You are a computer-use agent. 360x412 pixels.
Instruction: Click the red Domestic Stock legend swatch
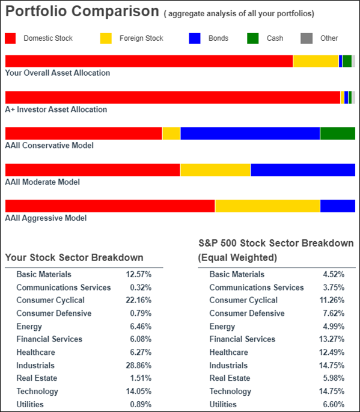coord(10,38)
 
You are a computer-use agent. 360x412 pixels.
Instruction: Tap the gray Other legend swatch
coord(307,38)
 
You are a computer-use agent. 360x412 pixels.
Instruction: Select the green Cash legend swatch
coord(253,38)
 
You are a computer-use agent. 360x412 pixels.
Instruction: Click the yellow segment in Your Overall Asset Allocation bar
coord(316,61)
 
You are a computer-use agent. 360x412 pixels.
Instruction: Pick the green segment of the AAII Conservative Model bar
coord(338,134)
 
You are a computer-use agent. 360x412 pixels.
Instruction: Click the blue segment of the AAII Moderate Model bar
coord(303,170)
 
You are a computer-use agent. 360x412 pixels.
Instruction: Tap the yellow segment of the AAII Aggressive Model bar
coord(267,206)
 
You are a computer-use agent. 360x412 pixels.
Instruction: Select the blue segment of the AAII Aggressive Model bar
coord(338,206)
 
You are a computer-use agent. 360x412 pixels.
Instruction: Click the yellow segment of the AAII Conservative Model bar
coord(171,134)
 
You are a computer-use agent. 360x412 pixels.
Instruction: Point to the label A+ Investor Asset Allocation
coord(56,109)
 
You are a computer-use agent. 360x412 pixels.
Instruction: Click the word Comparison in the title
coord(115,11)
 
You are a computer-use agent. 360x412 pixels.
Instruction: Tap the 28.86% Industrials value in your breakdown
coord(139,365)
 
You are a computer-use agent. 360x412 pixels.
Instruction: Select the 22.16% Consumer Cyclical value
coord(139,300)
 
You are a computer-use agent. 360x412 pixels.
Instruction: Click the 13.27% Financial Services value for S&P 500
coord(332,339)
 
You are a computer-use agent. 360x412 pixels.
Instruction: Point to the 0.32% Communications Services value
coord(141,287)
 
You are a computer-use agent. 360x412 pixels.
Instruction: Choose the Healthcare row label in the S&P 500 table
coord(229,352)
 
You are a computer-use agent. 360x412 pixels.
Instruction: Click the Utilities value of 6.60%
coord(334,404)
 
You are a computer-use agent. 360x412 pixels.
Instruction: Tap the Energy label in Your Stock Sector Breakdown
coord(29,327)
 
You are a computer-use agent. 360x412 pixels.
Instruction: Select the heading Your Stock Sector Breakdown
coord(75,257)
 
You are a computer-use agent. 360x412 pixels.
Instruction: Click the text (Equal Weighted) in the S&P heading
coord(237,257)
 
